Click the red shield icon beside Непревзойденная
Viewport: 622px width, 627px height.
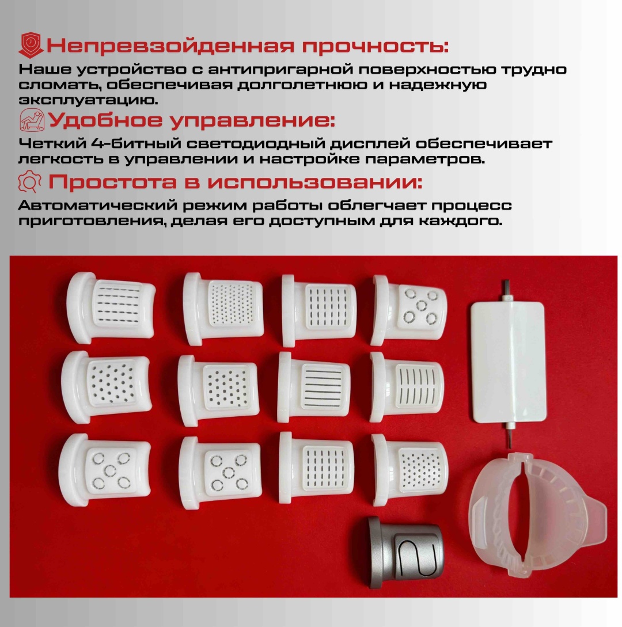click(x=31, y=45)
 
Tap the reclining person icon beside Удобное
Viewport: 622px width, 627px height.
click(x=32, y=120)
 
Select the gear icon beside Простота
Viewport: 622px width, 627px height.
click(x=29, y=181)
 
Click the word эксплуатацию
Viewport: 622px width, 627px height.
click(x=88, y=100)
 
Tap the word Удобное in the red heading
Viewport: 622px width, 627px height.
click(x=105, y=120)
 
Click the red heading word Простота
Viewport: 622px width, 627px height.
click(x=112, y=183)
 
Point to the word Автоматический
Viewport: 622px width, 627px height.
click(x=98, y=206)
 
